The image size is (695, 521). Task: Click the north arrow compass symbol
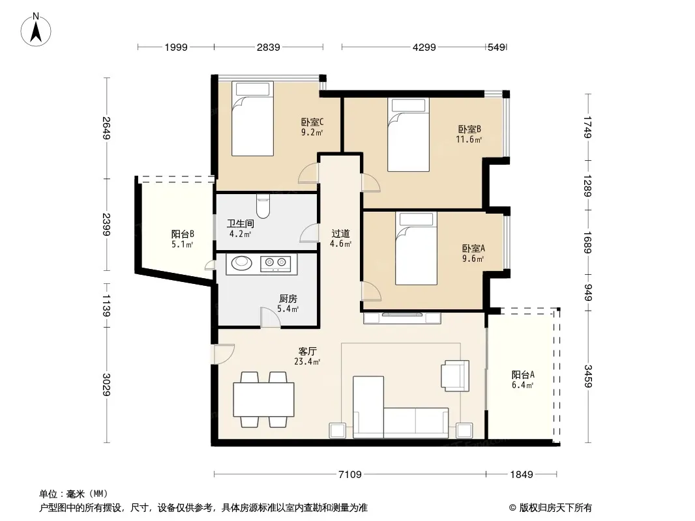click(36, 29)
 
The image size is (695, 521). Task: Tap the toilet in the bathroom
click(263, 206)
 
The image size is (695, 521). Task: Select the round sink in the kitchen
click(242, 262)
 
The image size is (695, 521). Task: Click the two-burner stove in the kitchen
click(275, 264)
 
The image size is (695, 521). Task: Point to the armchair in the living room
click(455, 375)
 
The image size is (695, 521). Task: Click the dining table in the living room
click(264, 399)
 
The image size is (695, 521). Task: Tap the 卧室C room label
click(312, 122)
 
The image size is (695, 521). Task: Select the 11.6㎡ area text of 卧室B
click(469, 139)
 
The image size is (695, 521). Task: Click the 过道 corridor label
click(340, 233)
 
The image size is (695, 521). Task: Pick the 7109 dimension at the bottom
click(349, 475)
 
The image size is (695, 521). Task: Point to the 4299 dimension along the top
click(424, 47)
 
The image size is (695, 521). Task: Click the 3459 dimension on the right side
click(587, 376)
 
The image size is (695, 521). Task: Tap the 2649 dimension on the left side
click(106, 128)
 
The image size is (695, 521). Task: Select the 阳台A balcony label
click(523, 375)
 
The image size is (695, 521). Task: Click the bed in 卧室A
click(416, 248)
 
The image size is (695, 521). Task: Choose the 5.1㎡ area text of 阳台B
click(183, 244)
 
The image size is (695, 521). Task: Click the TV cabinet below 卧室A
click(402, 318)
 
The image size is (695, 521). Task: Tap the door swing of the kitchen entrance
click(270, 317)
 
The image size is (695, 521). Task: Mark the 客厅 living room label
click(307, 351)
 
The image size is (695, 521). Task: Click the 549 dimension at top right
click(496, 47)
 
